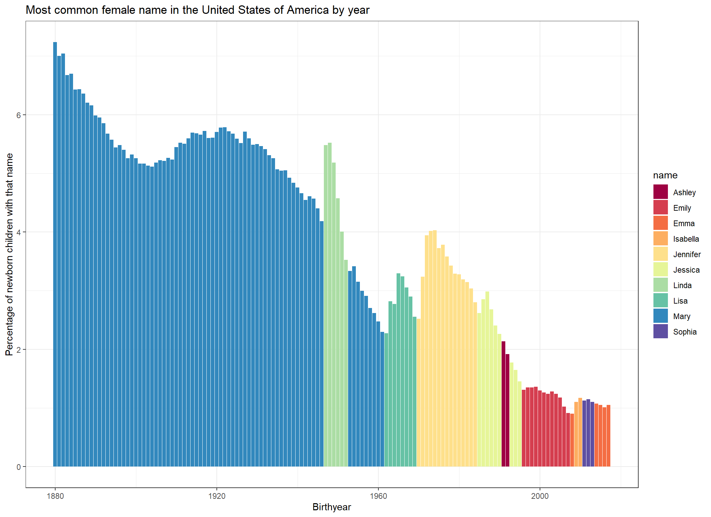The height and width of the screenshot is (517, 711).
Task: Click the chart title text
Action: [x=198, y=10]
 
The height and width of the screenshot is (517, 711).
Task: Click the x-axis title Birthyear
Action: [x=332, y=507]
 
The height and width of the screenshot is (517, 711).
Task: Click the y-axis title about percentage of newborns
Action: [x=9, y=254]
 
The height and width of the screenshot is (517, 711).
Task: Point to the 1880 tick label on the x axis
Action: [x=55, y=496]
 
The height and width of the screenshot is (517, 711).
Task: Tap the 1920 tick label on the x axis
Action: [x=217, y=496]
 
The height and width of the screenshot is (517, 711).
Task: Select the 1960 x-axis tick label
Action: [x=378, y=496]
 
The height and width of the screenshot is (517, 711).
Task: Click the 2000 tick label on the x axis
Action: [x=540, y=496]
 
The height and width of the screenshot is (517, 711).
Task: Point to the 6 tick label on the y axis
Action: [x=19, y=115]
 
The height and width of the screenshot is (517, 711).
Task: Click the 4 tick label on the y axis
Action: [x=19, y=232]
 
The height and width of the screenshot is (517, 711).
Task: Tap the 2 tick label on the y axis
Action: [x=19, y=350]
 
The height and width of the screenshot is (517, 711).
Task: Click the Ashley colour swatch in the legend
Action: [x=661, y=192]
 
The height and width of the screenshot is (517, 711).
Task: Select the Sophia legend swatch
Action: [x=661, y=331]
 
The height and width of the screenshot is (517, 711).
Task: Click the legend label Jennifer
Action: [x=687, y=254]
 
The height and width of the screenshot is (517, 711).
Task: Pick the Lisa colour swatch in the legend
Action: [x=661, y=300]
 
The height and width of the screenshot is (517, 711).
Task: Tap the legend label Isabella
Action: [x=686, y=239]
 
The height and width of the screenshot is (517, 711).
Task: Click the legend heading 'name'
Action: [x=665, y=175]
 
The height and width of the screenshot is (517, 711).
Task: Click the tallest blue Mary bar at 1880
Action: [x=55, y=254]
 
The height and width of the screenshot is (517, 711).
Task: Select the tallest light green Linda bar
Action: [x=330, y=305]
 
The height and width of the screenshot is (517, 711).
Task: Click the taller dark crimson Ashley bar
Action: [x=504, y=404]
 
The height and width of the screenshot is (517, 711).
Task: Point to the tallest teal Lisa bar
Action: [x=399, y=370]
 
